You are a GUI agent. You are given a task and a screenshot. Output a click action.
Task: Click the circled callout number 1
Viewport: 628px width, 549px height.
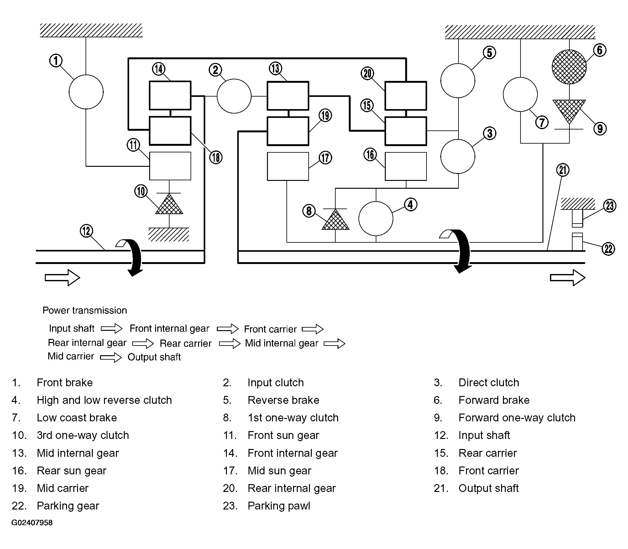[x=56, y=61]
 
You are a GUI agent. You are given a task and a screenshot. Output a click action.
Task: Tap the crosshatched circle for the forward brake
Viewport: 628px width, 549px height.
[x=569, y=67]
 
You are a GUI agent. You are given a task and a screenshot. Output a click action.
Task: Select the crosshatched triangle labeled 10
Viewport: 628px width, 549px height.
[x=169, y=204]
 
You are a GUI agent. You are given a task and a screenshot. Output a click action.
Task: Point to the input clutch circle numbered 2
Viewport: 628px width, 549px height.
[x=234, y=96]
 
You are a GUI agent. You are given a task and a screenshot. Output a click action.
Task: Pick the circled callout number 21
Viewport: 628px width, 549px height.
[x=563, y=170]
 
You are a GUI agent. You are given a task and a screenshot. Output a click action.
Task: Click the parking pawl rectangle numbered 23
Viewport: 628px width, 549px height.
[x=577, y=218]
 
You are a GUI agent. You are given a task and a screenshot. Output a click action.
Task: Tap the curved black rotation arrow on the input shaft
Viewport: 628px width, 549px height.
[x=133, y=257]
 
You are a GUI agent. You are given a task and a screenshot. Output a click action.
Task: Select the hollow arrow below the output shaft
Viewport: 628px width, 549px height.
[x=568, y=278]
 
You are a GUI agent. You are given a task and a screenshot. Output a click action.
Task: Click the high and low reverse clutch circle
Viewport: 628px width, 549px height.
[x=376, y=219]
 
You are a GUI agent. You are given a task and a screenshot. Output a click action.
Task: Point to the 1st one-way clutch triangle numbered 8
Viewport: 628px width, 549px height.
[x=335, y=219]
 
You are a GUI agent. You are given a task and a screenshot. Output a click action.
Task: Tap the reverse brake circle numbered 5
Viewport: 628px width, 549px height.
[x=458, y=81]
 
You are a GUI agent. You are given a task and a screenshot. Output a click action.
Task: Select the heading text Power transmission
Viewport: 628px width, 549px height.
[x=85, y=310]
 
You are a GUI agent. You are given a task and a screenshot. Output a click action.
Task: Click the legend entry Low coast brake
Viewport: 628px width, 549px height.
[x=77, y=418]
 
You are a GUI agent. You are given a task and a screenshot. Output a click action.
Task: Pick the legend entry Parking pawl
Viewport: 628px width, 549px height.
[x=279, y=506]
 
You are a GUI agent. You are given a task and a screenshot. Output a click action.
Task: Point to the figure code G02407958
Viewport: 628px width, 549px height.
[x=32, y=523]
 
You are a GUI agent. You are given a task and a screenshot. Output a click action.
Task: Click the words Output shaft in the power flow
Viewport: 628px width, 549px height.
[x=154, y=357]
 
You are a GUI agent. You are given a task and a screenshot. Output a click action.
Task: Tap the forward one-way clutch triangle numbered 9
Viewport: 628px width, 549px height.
[x=569, y=111]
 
